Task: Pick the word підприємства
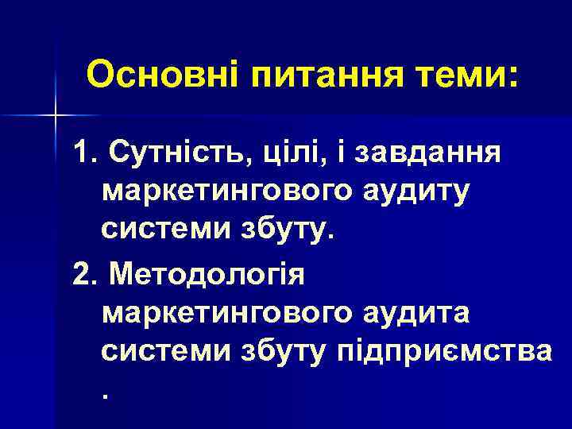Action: (446, 354)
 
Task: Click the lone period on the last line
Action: (106, 395)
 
